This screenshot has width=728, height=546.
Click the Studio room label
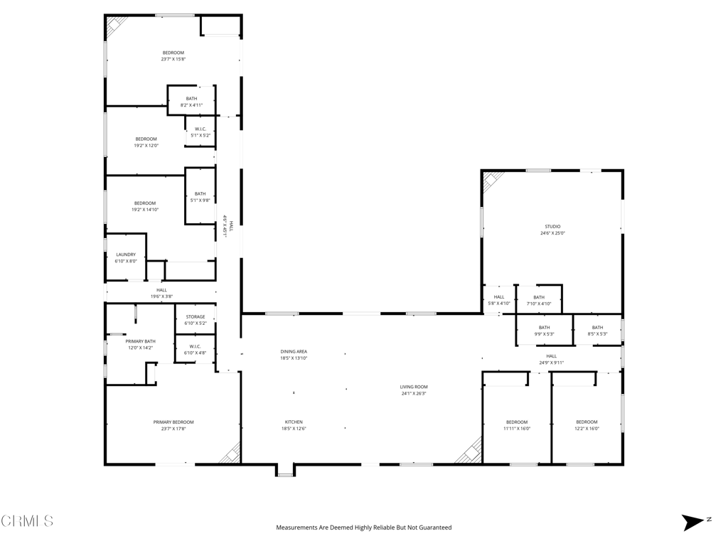coord(552,227)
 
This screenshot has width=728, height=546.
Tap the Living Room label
coord(414,387)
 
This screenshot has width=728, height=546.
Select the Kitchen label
coord(294,422)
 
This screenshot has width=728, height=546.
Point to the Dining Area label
coord(294,351)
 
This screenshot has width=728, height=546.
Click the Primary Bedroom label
coord(173,422)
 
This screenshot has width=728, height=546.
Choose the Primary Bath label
coord(140,341)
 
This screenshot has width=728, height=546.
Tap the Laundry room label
coord(126,255)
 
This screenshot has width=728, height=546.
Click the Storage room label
coord(196,316)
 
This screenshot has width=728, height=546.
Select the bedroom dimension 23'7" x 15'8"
coord(173,59)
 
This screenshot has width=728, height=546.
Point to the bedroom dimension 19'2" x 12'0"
coord(146,145)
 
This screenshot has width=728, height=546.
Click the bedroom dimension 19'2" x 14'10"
coord(145,210)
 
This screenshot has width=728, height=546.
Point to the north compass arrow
coord(693,523)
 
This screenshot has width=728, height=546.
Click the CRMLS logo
coord(27,520)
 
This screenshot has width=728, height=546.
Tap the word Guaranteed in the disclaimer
coord(436,528)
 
